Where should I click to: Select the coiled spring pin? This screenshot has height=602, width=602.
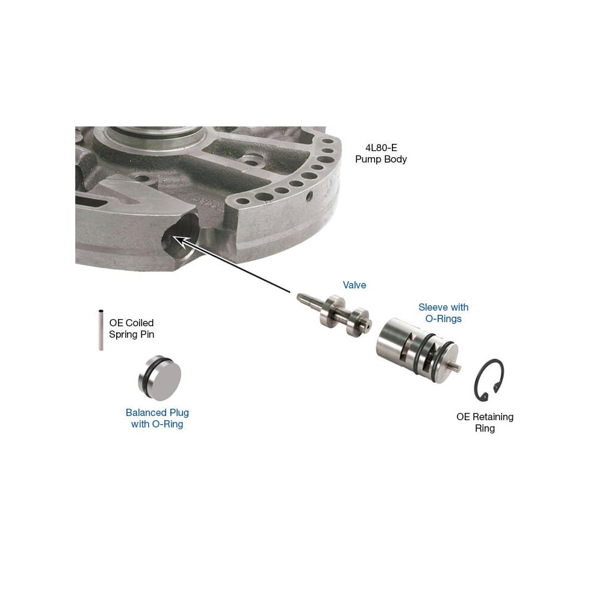coord(101,330)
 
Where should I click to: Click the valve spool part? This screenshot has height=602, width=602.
coord(334,315)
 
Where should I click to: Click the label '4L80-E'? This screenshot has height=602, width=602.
coord(381,148)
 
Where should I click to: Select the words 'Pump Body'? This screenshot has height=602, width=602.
coord(381,160)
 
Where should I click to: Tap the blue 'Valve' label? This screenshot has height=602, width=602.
coord(355,285)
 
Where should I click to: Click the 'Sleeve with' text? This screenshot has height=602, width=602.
coord(444,307)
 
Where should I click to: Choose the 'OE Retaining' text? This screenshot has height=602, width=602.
coord(485,417)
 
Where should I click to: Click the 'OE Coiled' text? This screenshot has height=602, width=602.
coord(131,323)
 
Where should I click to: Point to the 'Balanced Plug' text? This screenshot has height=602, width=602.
coord(157,413)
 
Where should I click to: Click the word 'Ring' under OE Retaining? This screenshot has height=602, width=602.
coord(485,429)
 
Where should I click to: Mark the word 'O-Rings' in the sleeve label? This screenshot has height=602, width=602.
coord(444,318)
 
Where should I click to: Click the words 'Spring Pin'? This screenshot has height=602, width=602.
coord(131,334)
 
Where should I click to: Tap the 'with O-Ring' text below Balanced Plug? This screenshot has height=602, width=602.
coord(157,424)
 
